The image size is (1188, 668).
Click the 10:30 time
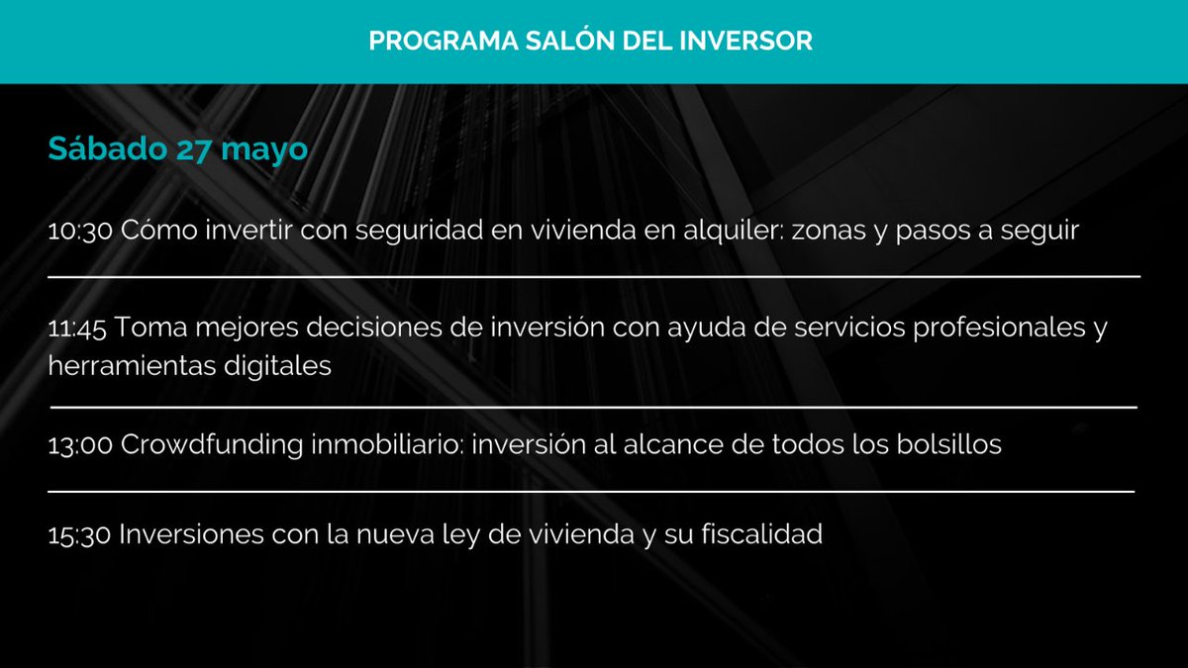(x=81, y=231)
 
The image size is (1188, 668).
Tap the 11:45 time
(x=80, y=329)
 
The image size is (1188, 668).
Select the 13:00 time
(x=81, y=445)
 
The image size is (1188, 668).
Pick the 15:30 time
(x=80, y=535)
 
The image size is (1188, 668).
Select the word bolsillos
(x=940, y=445)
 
